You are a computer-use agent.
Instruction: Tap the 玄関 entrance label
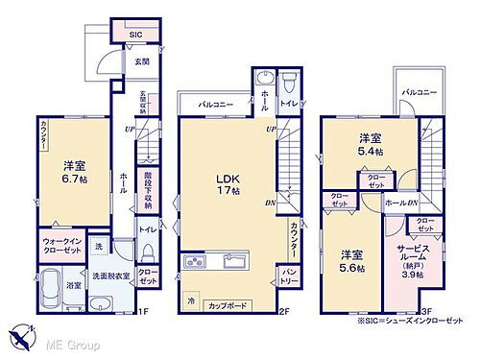141,61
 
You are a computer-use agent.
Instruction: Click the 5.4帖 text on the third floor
370,151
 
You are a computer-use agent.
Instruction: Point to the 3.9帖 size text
413,276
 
